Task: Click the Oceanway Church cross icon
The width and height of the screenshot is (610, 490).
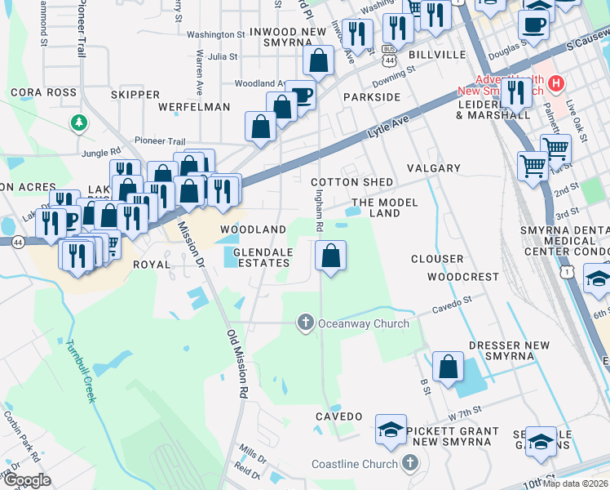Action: tap(306, 323)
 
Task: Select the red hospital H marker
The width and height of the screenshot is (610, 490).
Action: tap(556, 82)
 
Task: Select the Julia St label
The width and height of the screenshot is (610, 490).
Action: tap(222, 57)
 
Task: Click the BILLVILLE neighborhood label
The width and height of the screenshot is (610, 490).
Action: tap(437, 55)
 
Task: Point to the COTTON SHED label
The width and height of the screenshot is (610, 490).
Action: tap(352, 182)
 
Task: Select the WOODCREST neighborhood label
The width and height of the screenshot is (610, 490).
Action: tap(462, 277)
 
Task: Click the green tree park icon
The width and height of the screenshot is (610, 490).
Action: tap(78, 122)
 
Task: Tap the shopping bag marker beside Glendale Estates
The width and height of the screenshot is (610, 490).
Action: tap(330, 256)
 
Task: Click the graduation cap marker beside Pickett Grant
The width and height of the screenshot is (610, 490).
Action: tap(391, 429)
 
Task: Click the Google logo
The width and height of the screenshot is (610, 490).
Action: tap(27, 480)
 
